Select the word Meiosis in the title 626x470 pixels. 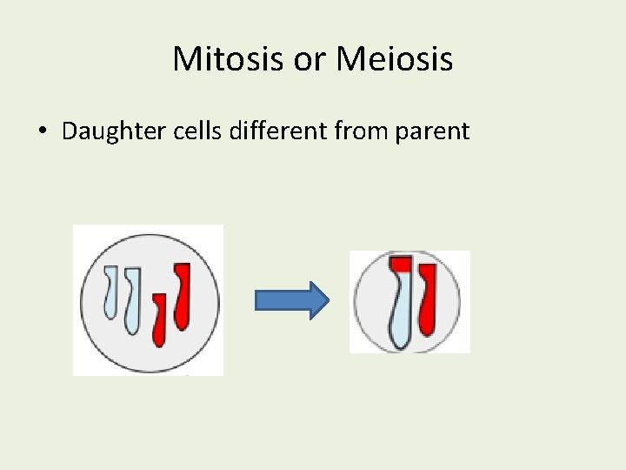click(x=394, y=59)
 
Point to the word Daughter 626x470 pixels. click(x=103, y=132)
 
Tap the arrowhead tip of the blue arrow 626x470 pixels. click(x=327, y=301)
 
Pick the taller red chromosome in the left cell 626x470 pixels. click(x=182, y=296)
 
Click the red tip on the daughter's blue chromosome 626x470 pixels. click(x=401, y=264)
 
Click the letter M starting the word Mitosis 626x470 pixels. click(x=184, y=59)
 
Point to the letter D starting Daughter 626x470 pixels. click(x=69, y=131)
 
